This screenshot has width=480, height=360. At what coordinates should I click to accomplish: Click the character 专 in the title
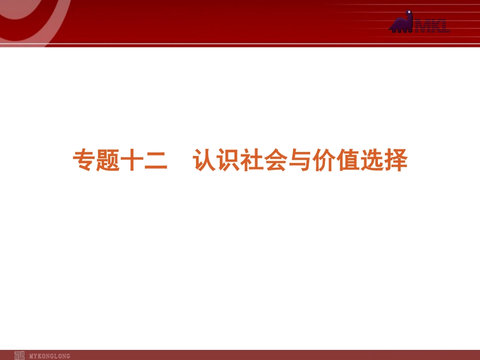(x=83, y=161)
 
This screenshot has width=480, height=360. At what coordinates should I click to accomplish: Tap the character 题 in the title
(x=107, y=161)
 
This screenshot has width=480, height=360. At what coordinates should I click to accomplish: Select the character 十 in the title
(x=131, y=161)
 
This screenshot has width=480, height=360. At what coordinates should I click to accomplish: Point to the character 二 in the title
(x=155, y=161)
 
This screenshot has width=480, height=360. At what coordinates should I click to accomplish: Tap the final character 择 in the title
(x=395, y=161)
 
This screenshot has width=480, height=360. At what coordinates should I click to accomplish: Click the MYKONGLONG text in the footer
(x=50, y=356)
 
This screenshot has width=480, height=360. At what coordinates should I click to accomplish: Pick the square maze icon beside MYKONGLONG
(x=20, y=355)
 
